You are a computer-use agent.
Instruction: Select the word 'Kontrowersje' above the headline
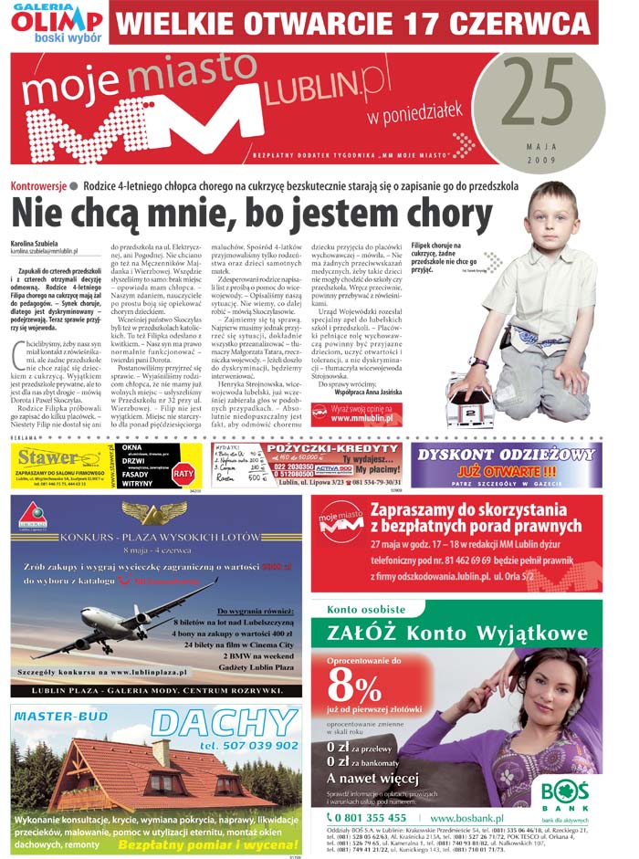click(x=38, y=185)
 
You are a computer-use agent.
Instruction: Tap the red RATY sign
click(x=183, y=473)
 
